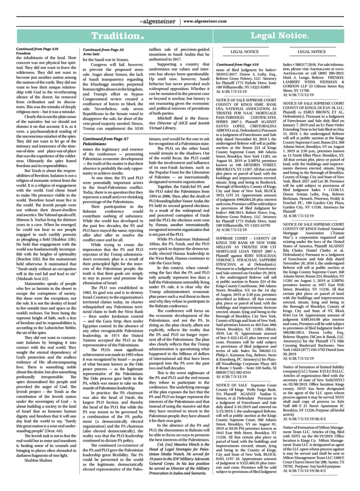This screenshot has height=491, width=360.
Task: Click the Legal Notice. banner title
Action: [279, 36]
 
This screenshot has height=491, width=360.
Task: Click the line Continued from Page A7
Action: [105, 139]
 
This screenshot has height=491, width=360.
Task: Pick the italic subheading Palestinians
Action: [94, 144]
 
